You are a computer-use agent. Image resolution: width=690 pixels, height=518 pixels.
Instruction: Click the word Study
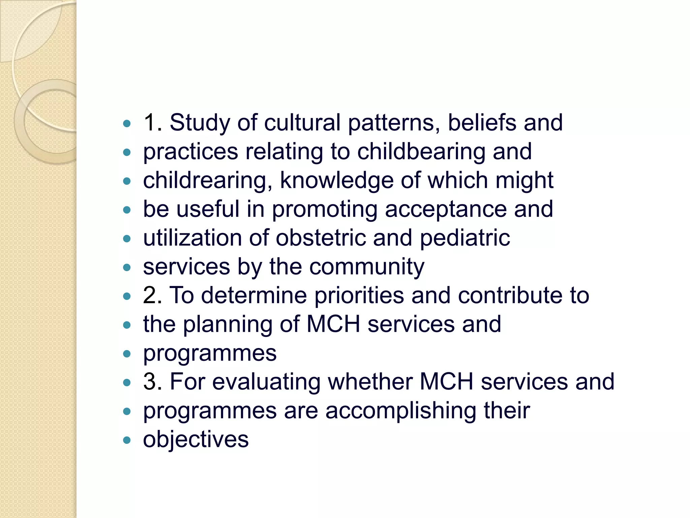(199, 123)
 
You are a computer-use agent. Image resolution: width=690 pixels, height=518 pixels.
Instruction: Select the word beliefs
(482, 122)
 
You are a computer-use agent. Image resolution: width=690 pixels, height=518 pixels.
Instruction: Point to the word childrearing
(208, 181)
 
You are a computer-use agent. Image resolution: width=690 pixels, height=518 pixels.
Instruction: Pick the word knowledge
(337, 181)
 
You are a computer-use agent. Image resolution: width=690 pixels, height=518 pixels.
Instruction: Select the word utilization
(192, 238)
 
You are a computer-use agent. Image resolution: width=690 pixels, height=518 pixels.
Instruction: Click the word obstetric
(321, 238)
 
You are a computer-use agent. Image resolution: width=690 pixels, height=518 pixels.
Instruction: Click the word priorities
(359, 296)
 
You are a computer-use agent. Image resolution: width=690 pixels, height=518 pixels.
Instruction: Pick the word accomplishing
(401, 411)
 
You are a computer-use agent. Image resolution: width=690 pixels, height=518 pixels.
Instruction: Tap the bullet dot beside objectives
(127, 440)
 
